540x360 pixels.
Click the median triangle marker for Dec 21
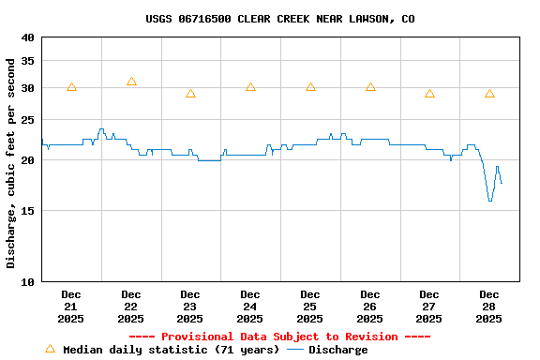click(x=71, y=87)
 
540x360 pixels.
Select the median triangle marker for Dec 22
click(x=131, y=82)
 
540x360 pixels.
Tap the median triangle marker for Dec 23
click(x=190, y=94)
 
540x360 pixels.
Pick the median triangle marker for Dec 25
click(x=310, y=87)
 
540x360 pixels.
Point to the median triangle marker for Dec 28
click(x=489, y=94)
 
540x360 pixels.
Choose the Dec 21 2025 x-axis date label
click(x=71, y=307)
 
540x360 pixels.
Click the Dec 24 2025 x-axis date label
click(x=250, y=307)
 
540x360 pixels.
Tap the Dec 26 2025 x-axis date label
click(x=370, y=307)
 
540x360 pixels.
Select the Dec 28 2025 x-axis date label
click(x=489, y=307)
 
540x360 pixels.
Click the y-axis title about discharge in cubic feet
click(x=11, y=163)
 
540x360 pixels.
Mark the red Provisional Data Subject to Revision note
click(x=279, y=337)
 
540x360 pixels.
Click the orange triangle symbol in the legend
click(x=50, y=349)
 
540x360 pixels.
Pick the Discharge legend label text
click(x=338, y=350)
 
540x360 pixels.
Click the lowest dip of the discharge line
click(x=489, y=200)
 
